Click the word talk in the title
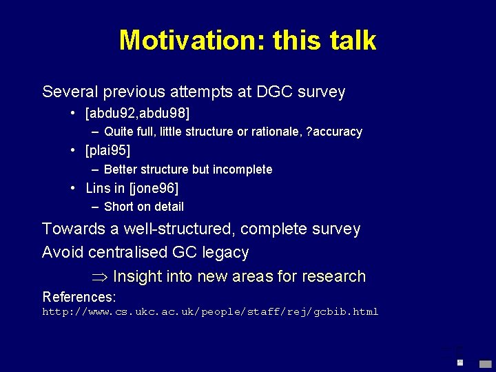pyautogui.click(x=351, y=41)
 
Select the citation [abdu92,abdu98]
pyautogui.click(x=138, y=112)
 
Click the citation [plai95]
pyautogui.click(x=107, y=150)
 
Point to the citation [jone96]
pyautogui.click(x=154, y=188)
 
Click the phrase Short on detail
pyautogui.click(x=144, y=207)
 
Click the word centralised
pyautogui.click(x=125, y=253)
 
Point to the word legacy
pyautogui.click(x=225, y=253)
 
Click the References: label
pyautogui.click(x=79, y=297)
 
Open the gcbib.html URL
pyautogui.click(x=210, y=312)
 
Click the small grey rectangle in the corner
pyautogui.click(x=485, y=363)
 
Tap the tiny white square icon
pyautogui.click(x=460, y=362)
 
